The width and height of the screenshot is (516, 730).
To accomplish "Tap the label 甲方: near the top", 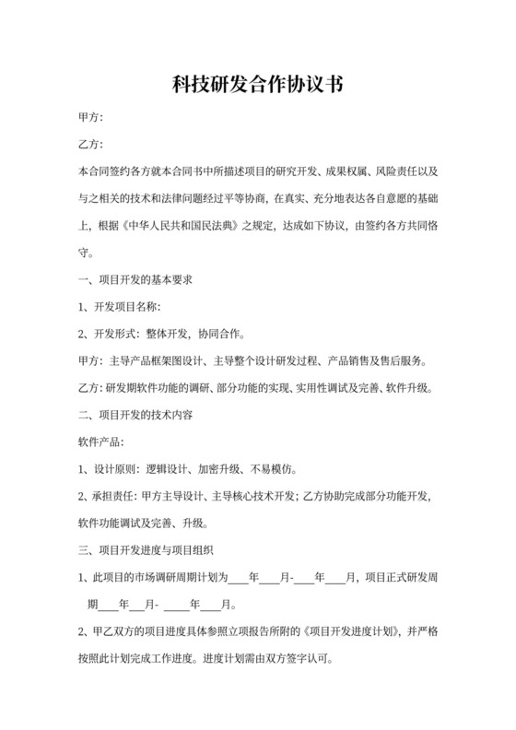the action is pos(90,118).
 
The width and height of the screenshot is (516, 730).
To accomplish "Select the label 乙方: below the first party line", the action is pos(90,145).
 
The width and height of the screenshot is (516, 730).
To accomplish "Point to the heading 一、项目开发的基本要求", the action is pos(135,278).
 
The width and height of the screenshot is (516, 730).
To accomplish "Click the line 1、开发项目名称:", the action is pos(121,305).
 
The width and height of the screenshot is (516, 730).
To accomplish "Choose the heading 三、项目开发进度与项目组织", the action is pos(147,551).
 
